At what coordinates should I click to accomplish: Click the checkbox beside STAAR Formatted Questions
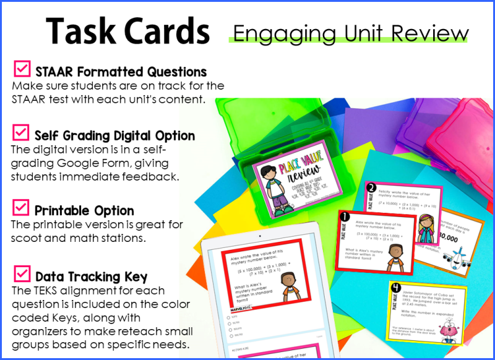tap(22, 68)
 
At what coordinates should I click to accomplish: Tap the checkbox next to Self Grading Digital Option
tap(21, 132)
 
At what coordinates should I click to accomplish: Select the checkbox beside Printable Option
tap(22, 207)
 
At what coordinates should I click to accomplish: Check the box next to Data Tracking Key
tap(22, 273)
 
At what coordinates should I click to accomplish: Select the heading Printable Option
tap(84, 210)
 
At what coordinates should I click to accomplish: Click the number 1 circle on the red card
tap(345, 218)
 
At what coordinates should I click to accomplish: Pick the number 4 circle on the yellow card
tap(395, 286)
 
